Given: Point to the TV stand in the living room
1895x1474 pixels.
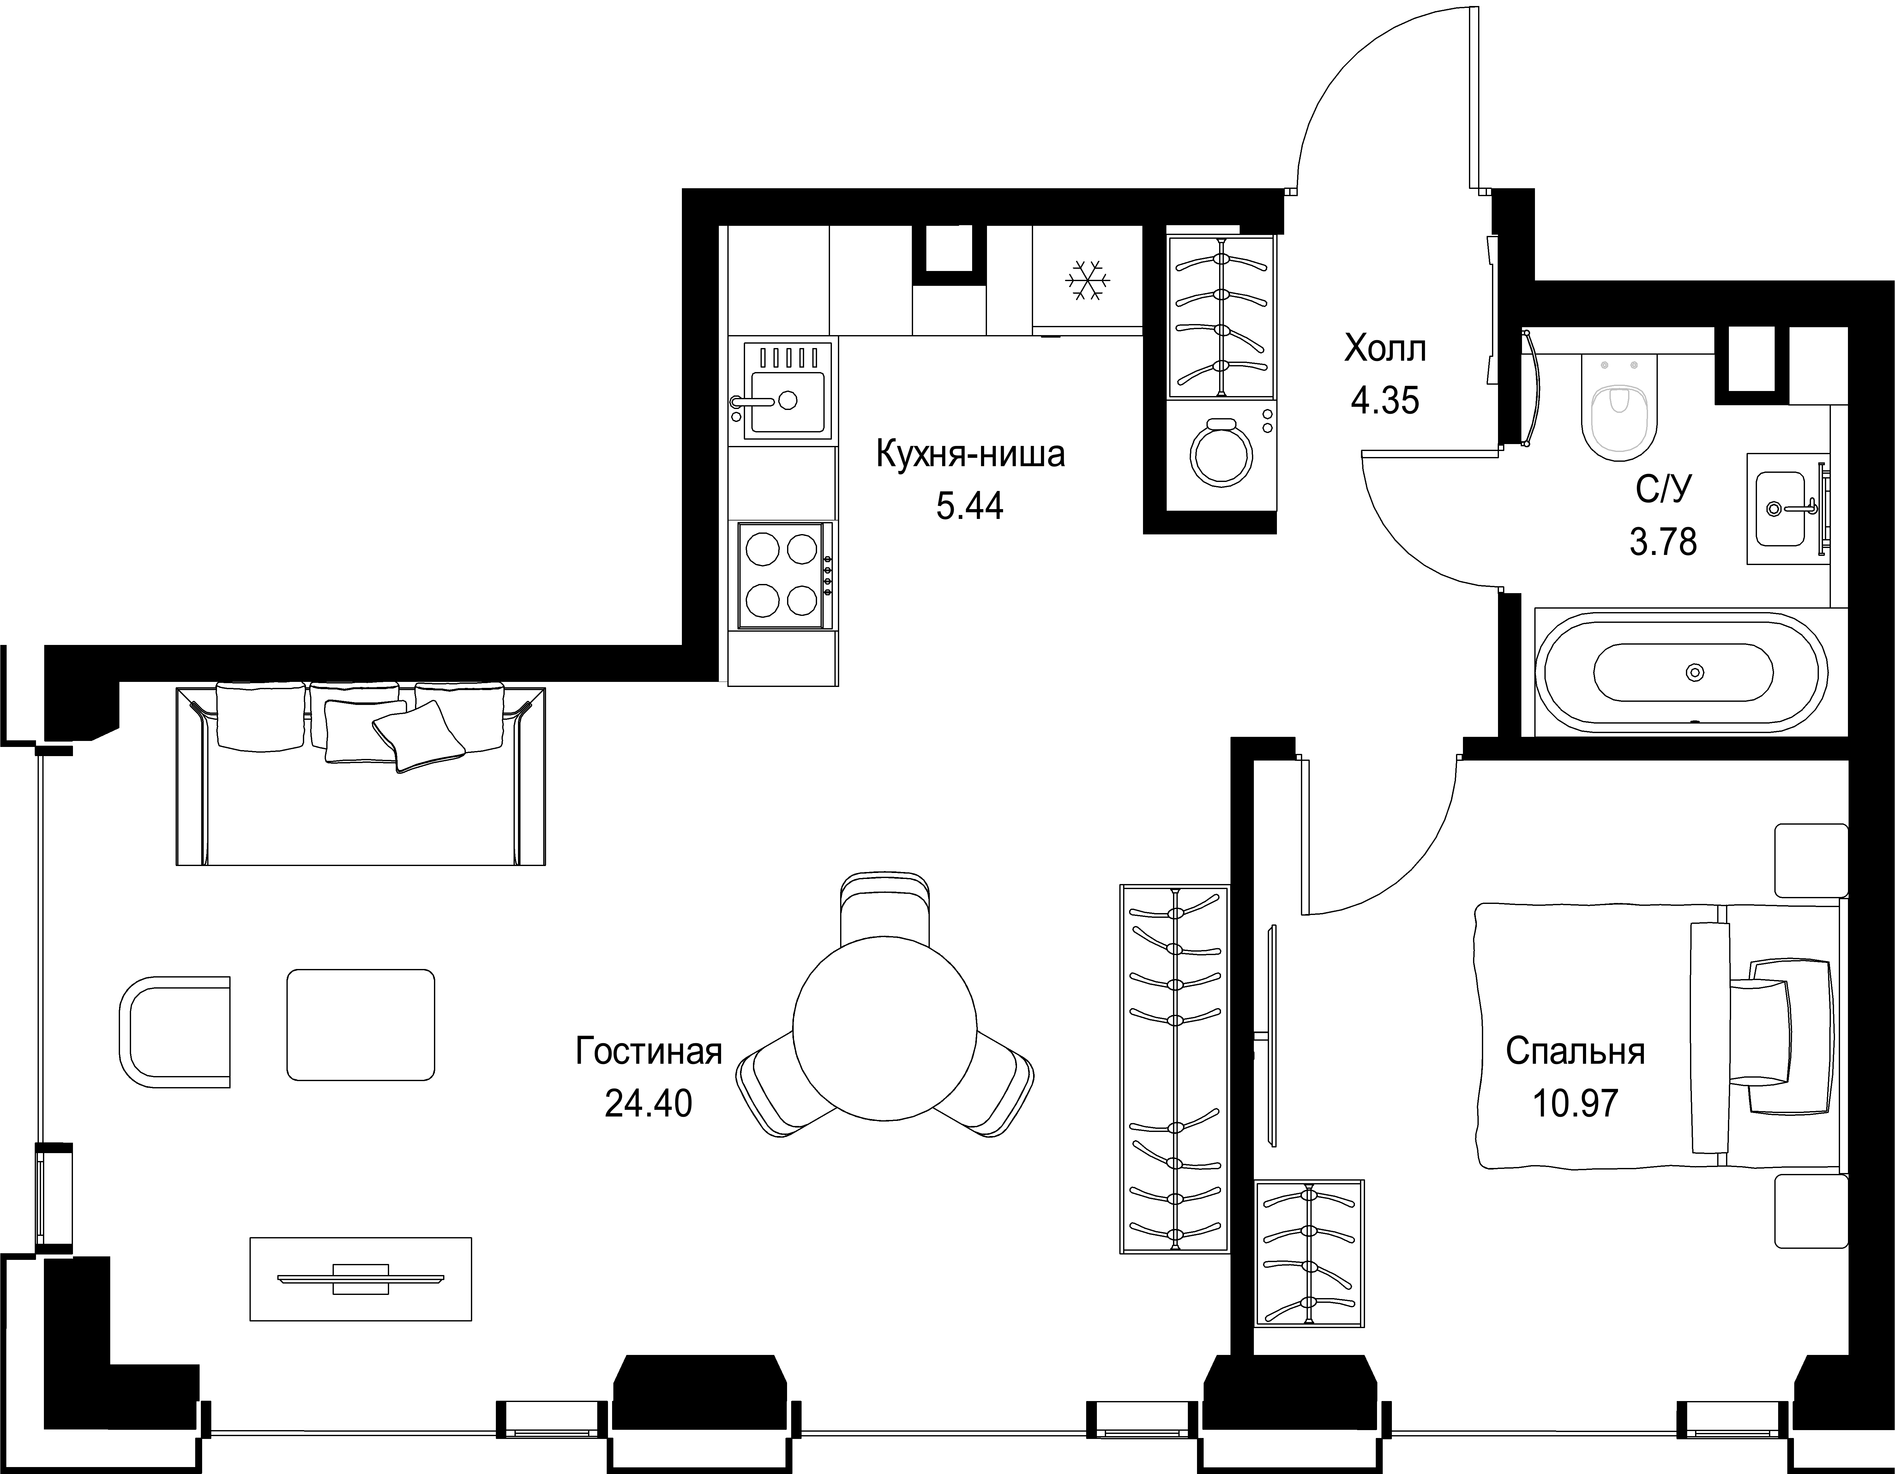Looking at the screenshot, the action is [361, 1279].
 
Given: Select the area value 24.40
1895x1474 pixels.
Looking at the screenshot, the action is [648, 1104].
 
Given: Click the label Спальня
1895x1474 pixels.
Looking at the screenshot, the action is [1575, 1051].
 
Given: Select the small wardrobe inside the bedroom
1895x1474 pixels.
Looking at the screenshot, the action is [1309, 1241].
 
